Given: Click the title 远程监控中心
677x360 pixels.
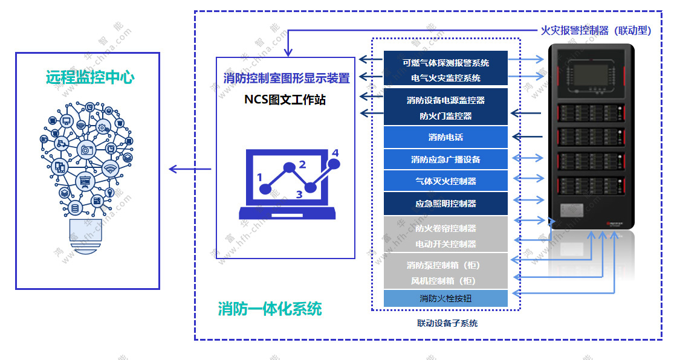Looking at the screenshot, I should click(x=89, y=77).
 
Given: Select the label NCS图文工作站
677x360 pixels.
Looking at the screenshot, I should click(x=285, y=100).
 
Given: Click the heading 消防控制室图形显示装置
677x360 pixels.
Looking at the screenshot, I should click(x=286, y=79).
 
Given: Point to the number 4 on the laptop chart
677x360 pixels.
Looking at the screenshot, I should click(x=335, y=153).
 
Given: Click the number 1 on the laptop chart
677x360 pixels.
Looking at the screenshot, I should click(x=260, y=178).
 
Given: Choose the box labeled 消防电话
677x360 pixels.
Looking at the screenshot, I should click(x=445, y=137).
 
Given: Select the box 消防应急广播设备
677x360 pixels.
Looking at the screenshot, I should click(x=445, y=159).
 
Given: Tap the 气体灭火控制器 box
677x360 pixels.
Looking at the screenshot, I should click(x=445, y=181).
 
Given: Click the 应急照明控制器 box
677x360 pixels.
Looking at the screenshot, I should click(x=445, y=204).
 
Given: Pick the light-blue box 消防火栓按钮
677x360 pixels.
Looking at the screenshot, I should click(x=445, y=298).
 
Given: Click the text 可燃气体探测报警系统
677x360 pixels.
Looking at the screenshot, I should click(x=445, y=62).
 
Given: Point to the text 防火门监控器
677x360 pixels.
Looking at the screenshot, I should click(x=445, y=116).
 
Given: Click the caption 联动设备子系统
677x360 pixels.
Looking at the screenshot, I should click(x=447, y=323).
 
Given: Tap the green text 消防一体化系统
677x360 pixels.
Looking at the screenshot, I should click(x=270, y=309).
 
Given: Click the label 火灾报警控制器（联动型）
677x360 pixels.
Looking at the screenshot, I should click(x=595, y=31).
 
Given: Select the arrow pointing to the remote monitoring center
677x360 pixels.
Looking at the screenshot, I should click(x=189, y=169).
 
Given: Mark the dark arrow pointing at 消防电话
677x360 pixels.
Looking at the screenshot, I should click(x=526, y=137).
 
